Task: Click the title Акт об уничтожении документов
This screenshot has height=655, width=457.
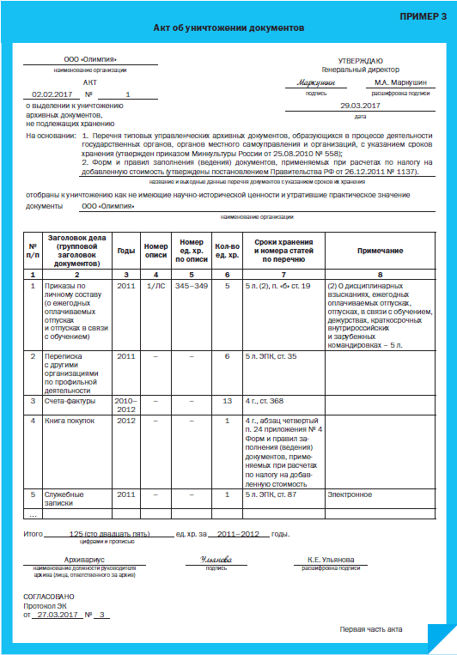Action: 228,28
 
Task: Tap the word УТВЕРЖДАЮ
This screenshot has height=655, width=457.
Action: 360,60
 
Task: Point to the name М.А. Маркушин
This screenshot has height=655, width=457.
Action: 399,82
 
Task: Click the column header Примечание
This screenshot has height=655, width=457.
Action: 386,250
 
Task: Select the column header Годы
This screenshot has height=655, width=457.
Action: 126,250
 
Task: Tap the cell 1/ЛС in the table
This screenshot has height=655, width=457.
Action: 155,285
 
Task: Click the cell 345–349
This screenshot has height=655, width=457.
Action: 191,285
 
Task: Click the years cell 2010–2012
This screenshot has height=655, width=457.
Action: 126,404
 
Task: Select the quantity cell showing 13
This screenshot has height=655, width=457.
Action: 227,400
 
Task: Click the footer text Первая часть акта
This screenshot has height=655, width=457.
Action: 370,630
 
